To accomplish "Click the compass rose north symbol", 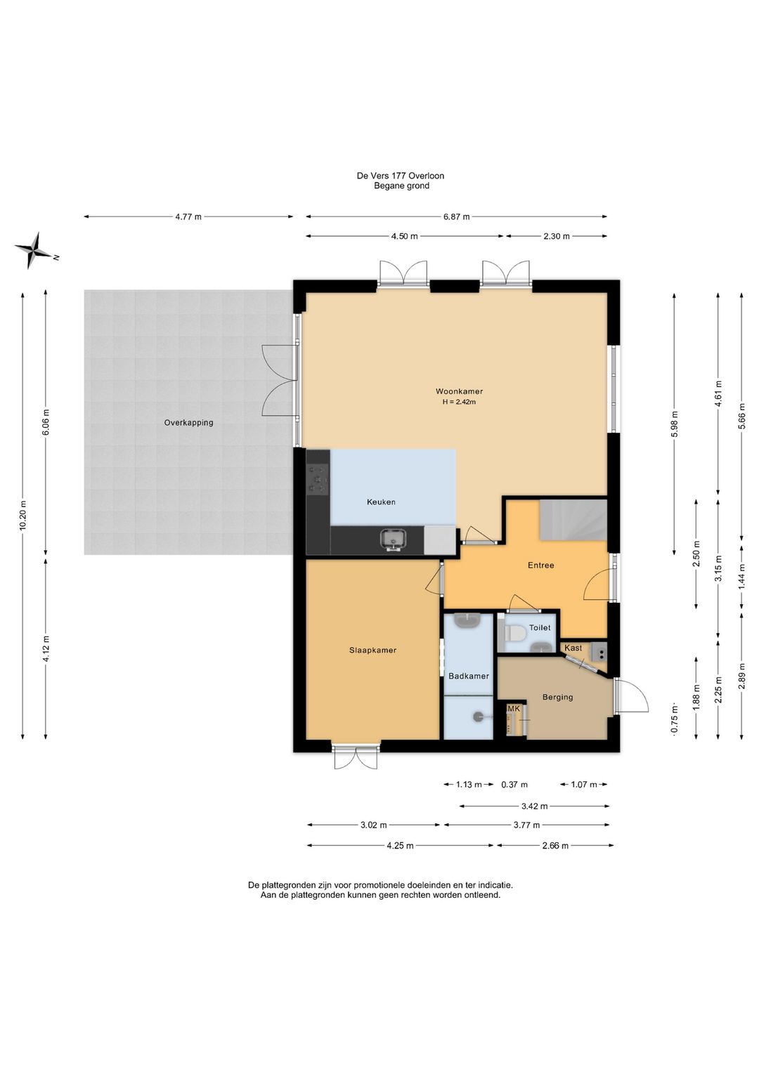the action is tap(33, 250).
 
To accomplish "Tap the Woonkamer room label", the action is tap(459, 391).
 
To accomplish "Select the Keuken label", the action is tap(381, 502).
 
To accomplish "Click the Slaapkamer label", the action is tap(372, 650).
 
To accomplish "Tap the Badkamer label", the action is tap(468, 676).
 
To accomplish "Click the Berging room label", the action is tap(557, 698).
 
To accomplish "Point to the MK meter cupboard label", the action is tap(513, 708).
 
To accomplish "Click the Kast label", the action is tap(573, 648).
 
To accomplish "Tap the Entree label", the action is tap(540, 566).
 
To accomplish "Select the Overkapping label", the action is tap(188, 423).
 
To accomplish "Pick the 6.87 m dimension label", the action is tap(456, 217).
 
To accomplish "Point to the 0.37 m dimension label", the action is tap(514, 785).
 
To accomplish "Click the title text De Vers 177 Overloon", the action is tap(401, 176).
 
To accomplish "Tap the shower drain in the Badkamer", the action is tap(478, 717).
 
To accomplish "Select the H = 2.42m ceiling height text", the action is tap(459, 402).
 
